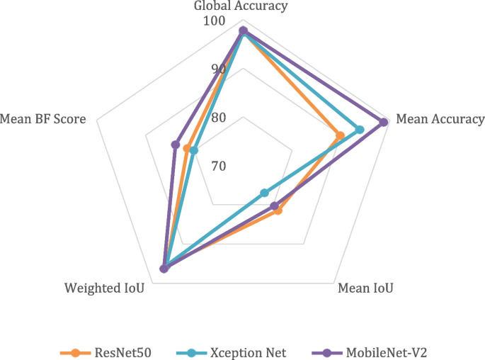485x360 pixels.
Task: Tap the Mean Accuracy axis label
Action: (440, 119)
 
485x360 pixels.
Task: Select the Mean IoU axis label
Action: (365, 288)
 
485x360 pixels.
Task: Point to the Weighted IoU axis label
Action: (104, 288)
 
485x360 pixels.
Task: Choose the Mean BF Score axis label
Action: (44, 119)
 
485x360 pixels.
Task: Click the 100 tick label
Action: (214, 21)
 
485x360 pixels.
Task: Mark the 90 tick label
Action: (217, 69)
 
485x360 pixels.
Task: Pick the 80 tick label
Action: (217, 118)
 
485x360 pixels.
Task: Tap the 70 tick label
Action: (217, 167)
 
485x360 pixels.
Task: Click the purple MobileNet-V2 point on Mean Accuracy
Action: (384, 122)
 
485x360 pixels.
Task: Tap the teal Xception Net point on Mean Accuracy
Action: (360, 130)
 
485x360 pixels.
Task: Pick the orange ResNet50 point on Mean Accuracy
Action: (340, 135)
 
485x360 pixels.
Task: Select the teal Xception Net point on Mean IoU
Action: (265, 193)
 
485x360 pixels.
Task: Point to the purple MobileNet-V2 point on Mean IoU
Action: (275, 206)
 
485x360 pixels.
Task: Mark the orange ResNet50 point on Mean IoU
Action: (278, 210)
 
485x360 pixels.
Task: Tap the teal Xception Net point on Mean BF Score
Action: (194, 150)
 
